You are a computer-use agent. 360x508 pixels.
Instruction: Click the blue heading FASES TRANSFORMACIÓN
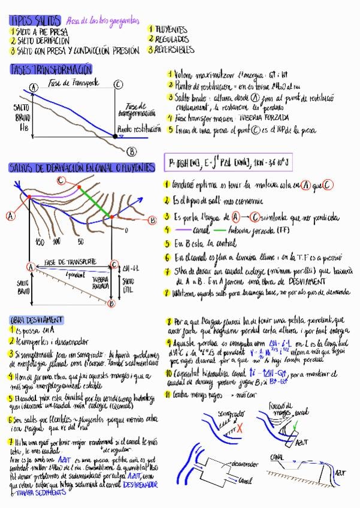click(51, 69)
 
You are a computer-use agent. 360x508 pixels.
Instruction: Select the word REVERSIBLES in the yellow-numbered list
click(174, 50)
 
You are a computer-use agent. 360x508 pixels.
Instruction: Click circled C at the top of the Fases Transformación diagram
click(118, 85)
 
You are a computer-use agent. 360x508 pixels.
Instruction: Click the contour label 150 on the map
click(40, 241)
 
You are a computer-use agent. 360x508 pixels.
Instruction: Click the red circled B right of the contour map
click(152, 220)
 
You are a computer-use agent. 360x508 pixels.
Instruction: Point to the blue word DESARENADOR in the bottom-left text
click(140, 484)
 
